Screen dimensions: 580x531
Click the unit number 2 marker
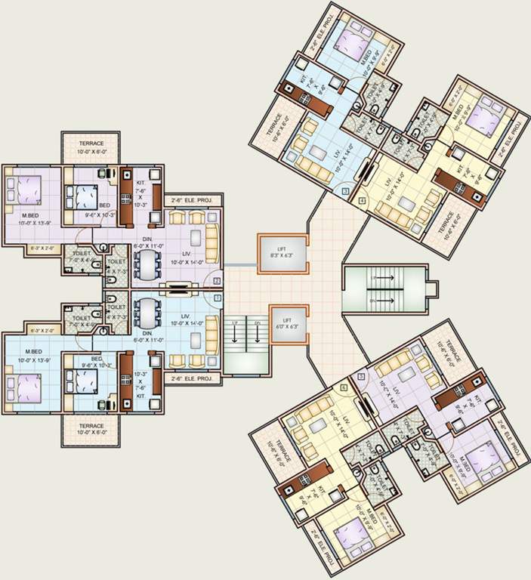[x=217, y=281]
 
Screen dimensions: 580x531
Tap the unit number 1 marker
[x=217, y=298]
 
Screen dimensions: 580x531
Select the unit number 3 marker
[x=345, y=193]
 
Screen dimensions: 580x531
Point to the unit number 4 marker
[x=363, y=201]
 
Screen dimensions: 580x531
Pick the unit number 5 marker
[x=361, y=376]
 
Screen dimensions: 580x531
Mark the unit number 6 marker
[x=344, y=387]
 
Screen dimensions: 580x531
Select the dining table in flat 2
[x=146, y=264]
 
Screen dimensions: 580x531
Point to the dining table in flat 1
[x=146, y=311]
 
